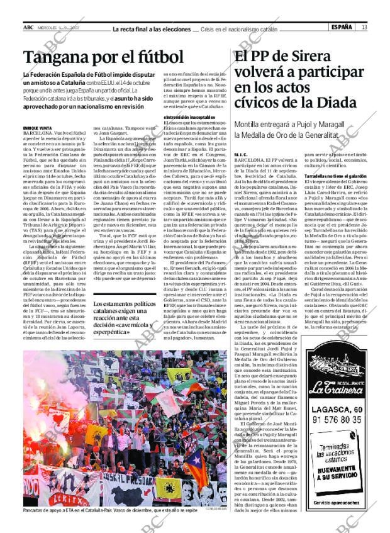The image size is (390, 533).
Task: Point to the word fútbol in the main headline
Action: coord(157,58)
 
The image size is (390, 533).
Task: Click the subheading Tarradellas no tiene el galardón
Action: coord(335,176)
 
